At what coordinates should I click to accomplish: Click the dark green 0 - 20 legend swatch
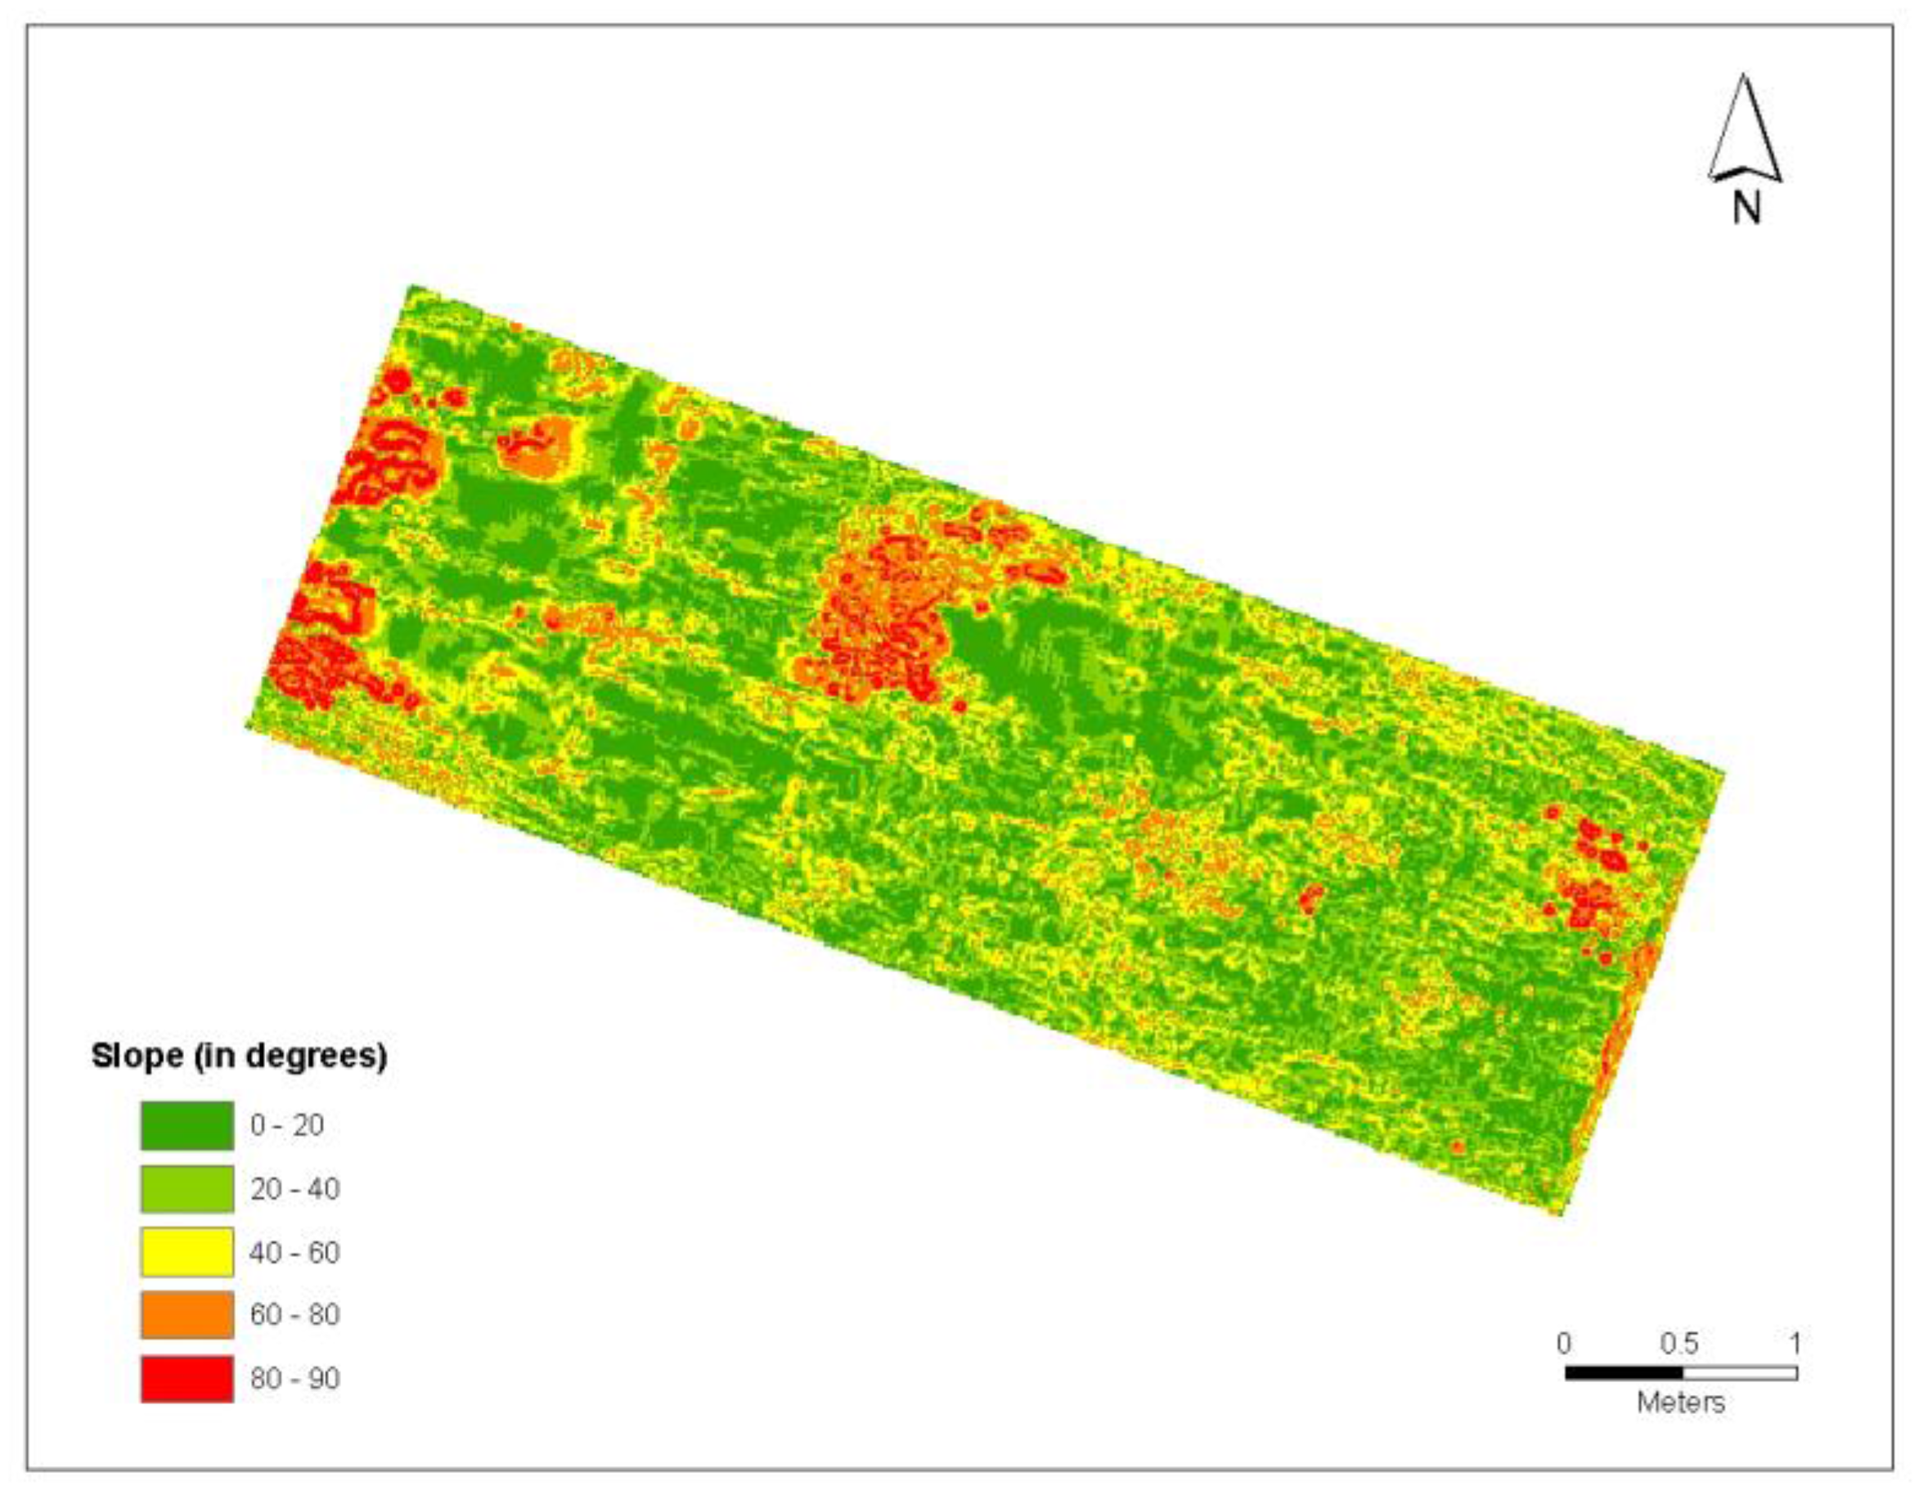coord(187,1124)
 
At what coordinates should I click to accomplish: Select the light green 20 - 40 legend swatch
coord(187,1189)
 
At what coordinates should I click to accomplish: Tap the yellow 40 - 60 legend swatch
coord(187,1252)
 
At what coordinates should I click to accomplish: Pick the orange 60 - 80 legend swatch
coord(187,1314)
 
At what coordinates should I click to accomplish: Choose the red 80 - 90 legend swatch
coord(187,1378)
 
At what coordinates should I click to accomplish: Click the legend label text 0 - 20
coord(286,1124)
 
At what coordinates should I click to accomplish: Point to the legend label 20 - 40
coord(294,1189)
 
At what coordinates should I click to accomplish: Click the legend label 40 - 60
coord(294,1252)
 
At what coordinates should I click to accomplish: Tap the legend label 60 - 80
coord(294,1314)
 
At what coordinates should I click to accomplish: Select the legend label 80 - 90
coord(294,1378)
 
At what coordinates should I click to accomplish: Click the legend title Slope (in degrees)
coord(239,1055)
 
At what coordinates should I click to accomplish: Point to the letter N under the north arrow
coord(1746,209)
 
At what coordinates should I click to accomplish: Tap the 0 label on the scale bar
coord(1564,1343)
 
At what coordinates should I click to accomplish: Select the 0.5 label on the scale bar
coord(1679,1343)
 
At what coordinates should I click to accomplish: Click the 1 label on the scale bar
coord(1795,1343)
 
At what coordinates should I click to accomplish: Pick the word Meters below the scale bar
coord(1680,1402)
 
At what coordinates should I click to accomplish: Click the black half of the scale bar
coord(1623,1372)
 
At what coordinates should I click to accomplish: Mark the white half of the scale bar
coord(1739,1372)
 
